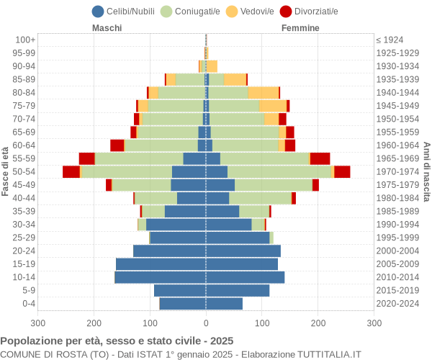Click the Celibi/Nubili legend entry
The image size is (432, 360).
coord(125,11)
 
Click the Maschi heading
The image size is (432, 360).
coord(107,28)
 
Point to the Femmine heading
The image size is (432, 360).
coord(300,28)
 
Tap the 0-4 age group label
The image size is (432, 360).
coord(28,303)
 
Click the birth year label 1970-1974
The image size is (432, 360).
coord(397,171)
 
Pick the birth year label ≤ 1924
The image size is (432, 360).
coord(390,40)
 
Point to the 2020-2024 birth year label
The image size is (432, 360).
coord(397,303)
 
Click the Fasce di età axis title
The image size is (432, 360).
coord(6,171)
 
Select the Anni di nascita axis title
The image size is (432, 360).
coord(426,171)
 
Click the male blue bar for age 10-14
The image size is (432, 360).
coord(160,277)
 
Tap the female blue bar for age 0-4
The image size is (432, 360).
coord(224,303)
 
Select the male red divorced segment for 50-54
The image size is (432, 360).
coord(71,171)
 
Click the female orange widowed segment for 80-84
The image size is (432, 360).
coord(264,92)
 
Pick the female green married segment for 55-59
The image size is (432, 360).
coord(264,158)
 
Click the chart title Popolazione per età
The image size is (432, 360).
coord(117,341)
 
